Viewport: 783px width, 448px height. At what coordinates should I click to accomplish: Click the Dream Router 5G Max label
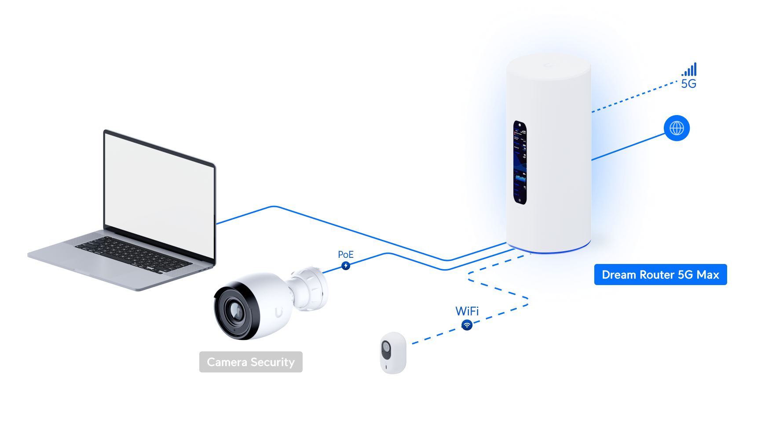(x=660, y=275)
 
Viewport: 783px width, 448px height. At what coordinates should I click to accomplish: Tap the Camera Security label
(x=251, y=362)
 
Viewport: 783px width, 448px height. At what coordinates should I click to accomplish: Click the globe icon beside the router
(x=677, y=128)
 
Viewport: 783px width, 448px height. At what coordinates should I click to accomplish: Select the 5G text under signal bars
(x=688, y=84)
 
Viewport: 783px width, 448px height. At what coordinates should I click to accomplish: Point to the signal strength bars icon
(x=690, y=69)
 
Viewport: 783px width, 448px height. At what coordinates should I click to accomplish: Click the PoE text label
(x=346, y=254)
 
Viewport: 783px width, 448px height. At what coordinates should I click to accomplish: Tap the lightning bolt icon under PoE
(x=346, y=265)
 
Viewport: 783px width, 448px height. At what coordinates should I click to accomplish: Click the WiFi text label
(x=467, y=311)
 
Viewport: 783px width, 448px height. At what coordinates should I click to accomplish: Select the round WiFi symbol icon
(x=467, y=325)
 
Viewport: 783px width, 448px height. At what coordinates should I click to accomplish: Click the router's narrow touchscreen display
(x=520, y=163)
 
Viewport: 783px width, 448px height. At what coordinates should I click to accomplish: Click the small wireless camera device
(x=393, y=353)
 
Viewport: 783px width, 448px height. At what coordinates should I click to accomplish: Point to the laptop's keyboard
(x=132, y=254)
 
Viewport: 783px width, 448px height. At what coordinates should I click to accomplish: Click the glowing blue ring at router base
(x=549, y=251)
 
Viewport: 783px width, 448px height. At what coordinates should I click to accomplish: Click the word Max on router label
(x=708, y=275)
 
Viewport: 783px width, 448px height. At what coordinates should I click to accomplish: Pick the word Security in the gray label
(x=272, y=362)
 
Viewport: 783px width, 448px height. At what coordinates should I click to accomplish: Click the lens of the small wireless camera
(x=386, y=348)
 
